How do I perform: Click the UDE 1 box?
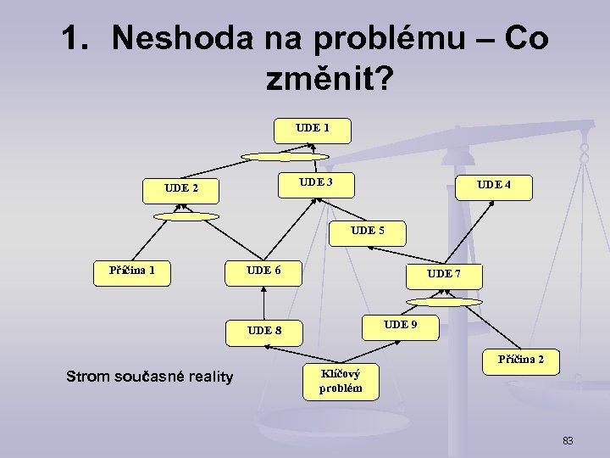[x=313, y=129]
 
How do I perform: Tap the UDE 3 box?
[x=315, y=182]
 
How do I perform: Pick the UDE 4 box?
[x=494, y=186]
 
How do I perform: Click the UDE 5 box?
[x=367, y=231]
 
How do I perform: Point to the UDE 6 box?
[x=263, y=271]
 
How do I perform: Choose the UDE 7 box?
[x=444, y=275]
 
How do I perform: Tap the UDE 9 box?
[x=401, y=325]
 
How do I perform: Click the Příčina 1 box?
[x=131, y=271]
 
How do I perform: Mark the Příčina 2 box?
[x=521, y=360]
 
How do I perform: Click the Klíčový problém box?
[x=340, y=382]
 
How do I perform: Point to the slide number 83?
[x=568, y=440]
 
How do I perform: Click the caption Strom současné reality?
[x=149, y=377]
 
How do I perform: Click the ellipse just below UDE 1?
[x=286, y=157]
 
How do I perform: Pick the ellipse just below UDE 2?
[x=186, y=215]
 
